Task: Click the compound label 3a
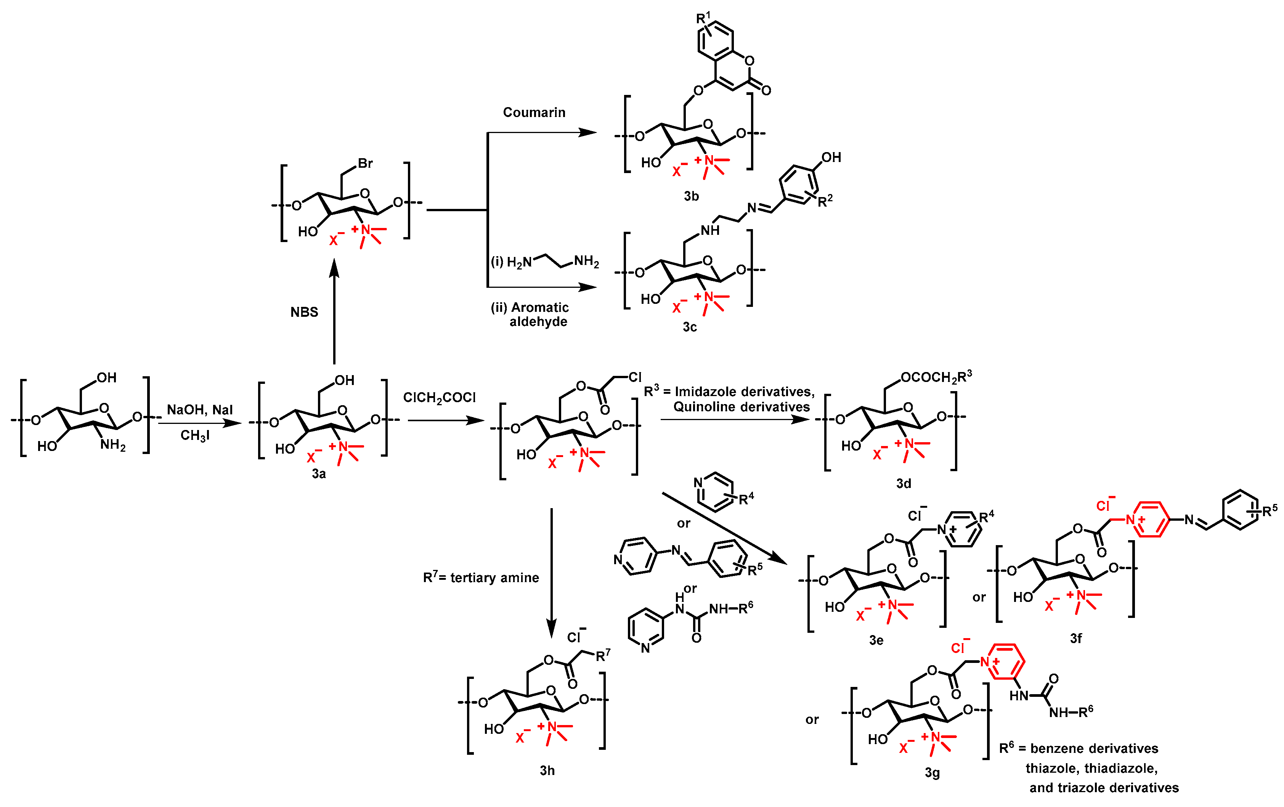(x=319, y=473)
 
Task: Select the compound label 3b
(x=691, y=196)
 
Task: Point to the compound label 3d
(x=903, y=483)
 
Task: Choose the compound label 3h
(x=547, y=770)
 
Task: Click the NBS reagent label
(x=304, y=312)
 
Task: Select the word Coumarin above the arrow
(x=534, y=112)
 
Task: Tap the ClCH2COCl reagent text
(x=440, y=398)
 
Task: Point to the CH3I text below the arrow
(x=195, y=435)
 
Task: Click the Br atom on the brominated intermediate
(x=365, y=163)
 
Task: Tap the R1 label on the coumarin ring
(x=703, y=18)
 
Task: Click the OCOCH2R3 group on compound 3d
(x=936, y=377)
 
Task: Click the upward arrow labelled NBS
(x=334, y=312)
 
